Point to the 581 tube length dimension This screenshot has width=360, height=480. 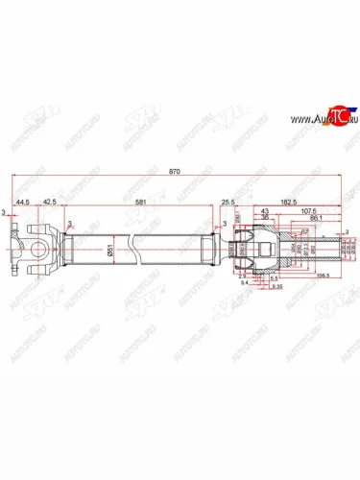pyautogui.click(x=140, y=204)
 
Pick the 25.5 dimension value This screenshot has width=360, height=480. pyautogui.click(x=228, y=204)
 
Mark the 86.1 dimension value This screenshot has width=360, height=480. pyautogui.click(x=318, y=220)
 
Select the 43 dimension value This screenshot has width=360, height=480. pyautogui.click(x=265, y=211)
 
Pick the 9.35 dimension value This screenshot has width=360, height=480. pyautogui.click(x=276, y=287)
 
